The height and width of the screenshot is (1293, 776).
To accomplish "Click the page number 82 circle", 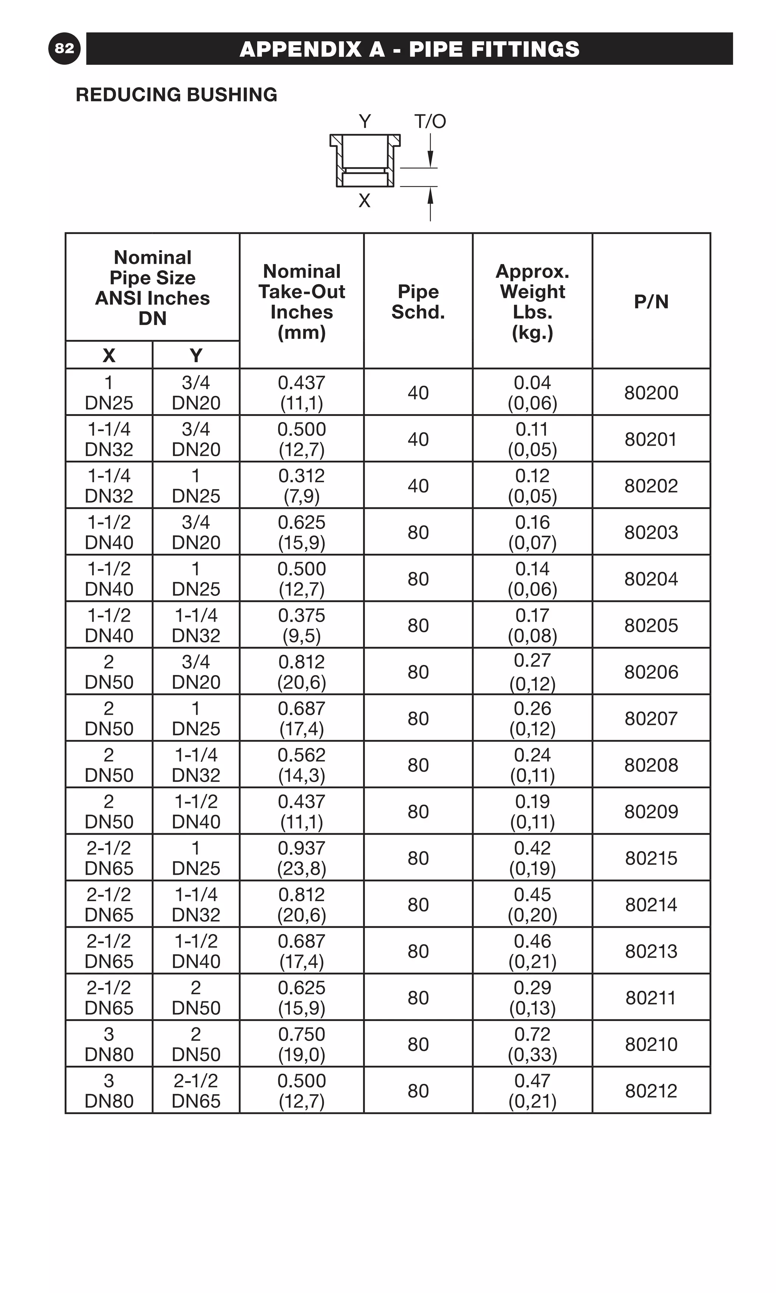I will coord(64,48).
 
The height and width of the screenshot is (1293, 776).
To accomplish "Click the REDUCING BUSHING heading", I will coord(176,95).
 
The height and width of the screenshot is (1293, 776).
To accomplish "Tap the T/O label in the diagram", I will coord(430,122).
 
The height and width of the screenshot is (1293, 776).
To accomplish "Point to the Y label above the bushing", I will coord(365,122).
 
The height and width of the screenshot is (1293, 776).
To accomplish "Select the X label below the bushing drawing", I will coord(365,201).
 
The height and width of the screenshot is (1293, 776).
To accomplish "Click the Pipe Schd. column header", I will coord(418,302).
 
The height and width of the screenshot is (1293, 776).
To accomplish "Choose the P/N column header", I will coord(651,302).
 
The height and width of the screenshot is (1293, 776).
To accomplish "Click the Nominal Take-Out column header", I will coord(302,302).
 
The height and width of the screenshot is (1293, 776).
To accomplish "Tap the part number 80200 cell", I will coord(651,392).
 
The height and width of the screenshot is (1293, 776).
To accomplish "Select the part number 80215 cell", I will coord(651,858).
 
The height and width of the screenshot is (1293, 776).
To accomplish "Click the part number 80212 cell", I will coord(651,1091).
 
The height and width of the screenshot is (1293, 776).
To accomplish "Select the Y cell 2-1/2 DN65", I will coord(196,1091).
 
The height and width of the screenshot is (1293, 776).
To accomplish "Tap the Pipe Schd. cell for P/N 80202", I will coord(418,486).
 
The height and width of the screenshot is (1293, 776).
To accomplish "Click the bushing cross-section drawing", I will coord(365,161).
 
